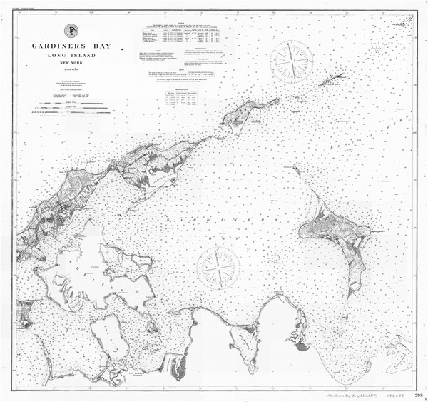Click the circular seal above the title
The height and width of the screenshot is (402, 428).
point(71,31)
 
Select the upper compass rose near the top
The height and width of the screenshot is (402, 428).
point(289,61)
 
